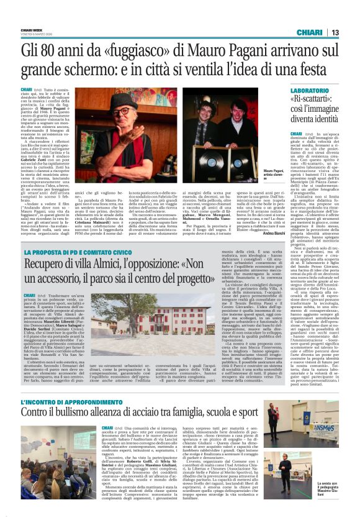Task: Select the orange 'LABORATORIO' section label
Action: click(315, 91)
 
